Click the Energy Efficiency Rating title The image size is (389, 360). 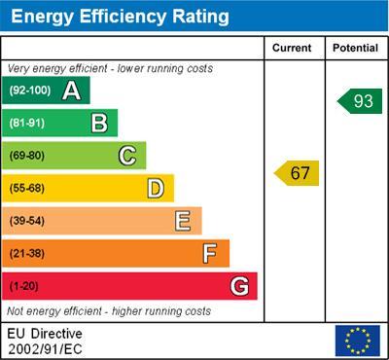[x=119, y=17]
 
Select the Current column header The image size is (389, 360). [x=292, y=48]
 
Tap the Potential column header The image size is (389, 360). [x=355, y=48]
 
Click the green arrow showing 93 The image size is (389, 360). [x=360, y=101]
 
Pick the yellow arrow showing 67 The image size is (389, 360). [x=298, y=173]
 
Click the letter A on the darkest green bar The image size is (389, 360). [x=71, y=91]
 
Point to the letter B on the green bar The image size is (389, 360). [x=99, y=124]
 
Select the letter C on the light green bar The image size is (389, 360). [x=127, y=156]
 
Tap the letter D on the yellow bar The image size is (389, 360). [x=156, y=188]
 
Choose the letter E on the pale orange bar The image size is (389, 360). [x=183, y=221]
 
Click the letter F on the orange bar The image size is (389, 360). [x=210, y=253]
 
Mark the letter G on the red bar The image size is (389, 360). [x=239, y=286]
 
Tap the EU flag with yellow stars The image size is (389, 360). [x=357, y=341]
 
